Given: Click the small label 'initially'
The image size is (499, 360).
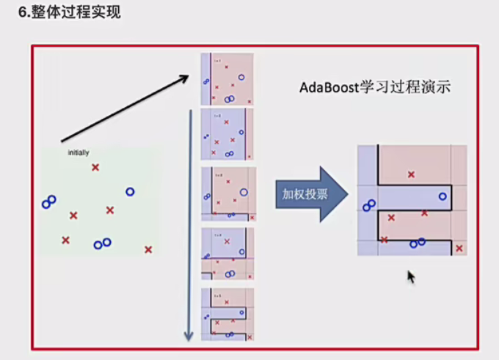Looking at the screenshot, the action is (79, 153).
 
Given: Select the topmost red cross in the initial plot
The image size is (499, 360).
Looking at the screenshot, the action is (95, 168).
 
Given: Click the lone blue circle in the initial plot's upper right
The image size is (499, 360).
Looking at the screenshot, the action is (130, 192).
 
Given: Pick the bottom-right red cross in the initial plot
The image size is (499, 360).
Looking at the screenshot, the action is (148, 249).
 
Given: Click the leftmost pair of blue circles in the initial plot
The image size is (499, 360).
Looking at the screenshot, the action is (49, 202).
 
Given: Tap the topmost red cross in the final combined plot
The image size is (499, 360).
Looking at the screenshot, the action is (411, 175).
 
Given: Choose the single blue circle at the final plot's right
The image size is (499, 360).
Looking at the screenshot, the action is (442, 196).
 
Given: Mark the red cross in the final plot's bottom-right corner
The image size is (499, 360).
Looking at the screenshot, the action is (459, 249).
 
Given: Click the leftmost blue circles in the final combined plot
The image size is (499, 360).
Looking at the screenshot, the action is (368, 206).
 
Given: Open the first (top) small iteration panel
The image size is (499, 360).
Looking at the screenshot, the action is (227, 78).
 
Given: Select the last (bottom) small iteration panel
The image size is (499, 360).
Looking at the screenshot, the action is (227, 314).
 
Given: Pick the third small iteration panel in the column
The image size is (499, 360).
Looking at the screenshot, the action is (228, 194).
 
